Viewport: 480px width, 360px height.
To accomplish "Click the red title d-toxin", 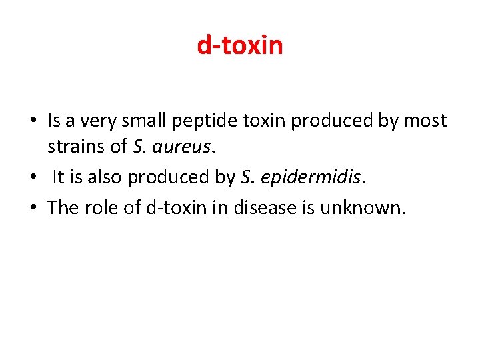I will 240,46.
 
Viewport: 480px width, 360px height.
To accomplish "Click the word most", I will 425,121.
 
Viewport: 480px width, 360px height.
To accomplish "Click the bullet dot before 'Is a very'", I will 33,122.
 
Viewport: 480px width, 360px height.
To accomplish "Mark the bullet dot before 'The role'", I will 33,209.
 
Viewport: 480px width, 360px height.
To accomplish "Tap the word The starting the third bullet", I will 63,207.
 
